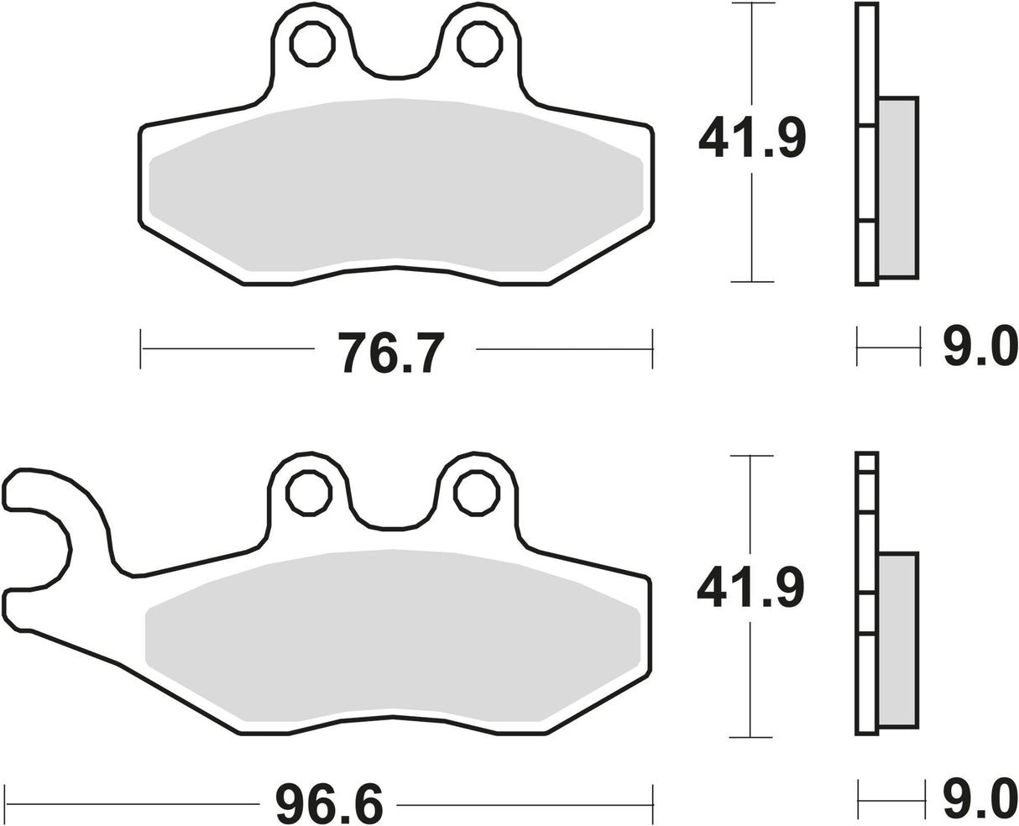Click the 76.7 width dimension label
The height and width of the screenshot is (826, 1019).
pyautogui.click(x=391, y=352)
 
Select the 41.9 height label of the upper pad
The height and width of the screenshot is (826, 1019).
pyautogui.click(x=751, y=139)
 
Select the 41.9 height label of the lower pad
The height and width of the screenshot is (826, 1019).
pyautogui.click(x=750, y=587)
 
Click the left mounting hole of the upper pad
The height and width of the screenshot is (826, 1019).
pyautogui.click(x=311, y=44)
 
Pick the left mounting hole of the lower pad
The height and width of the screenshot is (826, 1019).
pyautogui.click(x=308, y=493)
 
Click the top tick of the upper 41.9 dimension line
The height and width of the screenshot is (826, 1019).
pyautogui.click(x=751, y=4)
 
